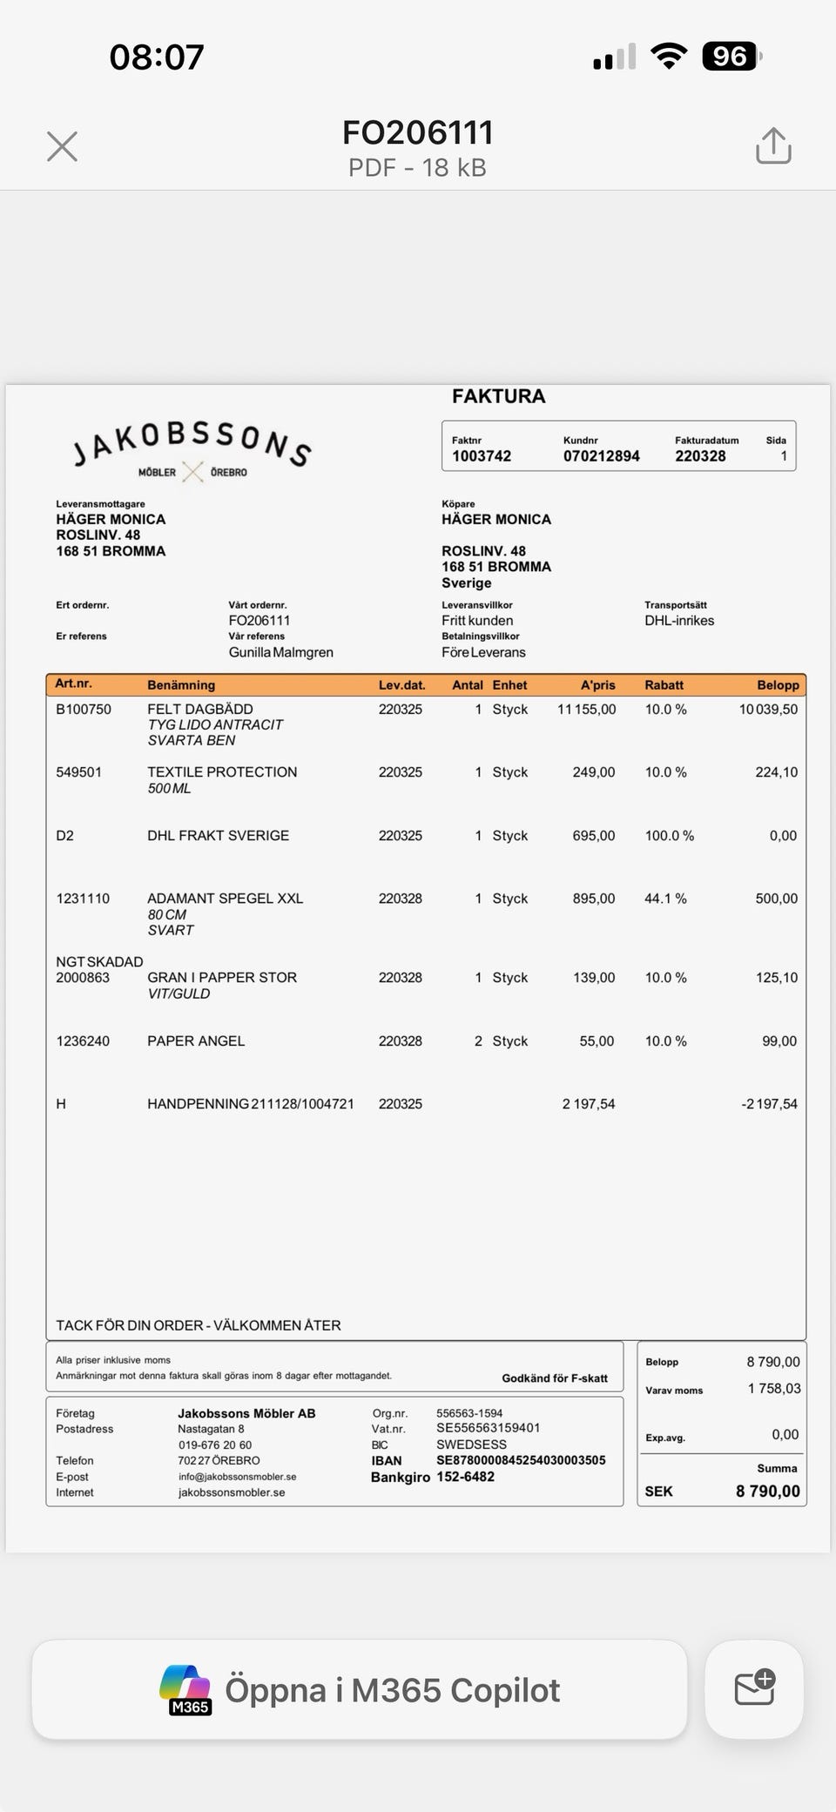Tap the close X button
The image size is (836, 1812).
[62, 146]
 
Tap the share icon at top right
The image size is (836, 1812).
[773, 146]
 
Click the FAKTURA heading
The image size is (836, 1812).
[498, 396]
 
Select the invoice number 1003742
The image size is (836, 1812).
[482, 456]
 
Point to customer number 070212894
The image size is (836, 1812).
[601, 456]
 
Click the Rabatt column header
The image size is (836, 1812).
[664, 685]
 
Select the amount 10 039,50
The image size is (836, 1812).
[768, 710]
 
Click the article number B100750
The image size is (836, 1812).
[84, 710]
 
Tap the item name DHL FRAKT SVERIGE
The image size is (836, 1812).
[218, 836]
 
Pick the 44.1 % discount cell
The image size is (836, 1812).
[665, 899]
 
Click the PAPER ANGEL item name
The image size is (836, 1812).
[196, 1041]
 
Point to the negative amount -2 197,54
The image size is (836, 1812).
[769, 1104]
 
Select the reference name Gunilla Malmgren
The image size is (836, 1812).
[280, 652]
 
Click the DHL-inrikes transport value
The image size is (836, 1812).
[679, 621]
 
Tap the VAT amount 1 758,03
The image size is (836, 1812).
[774, 1389]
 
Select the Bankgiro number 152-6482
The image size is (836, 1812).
[465, 1477]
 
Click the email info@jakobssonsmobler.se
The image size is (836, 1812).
[237, 1477]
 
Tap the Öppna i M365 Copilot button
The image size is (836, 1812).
[360, 1690]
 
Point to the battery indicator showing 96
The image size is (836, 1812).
[730, 57]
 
